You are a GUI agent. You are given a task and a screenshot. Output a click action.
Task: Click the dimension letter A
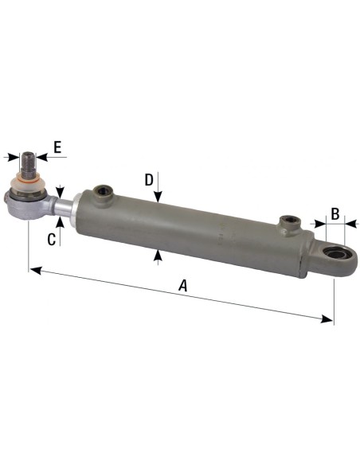pyautogui.click(x=184, y=285)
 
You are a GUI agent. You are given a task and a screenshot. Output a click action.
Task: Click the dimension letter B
pyautogui.click(x=335, y=213)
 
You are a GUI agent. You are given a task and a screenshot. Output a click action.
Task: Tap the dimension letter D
pyautogui.click(x=149, y=180)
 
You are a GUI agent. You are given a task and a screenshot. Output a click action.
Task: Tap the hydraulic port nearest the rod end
pyautogui.click(x=101, y=191)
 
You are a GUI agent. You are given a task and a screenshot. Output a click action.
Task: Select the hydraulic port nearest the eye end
pyautogui.click(x=287, y=222)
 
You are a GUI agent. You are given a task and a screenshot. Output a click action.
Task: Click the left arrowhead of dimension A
pyautogui.click(x=34, y=270)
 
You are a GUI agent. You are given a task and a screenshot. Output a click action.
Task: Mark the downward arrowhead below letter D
pyautogui.click(x=159, y=200)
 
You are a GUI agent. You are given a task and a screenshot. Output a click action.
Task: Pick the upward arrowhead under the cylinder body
pyautogui.click(x=159, y=254)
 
